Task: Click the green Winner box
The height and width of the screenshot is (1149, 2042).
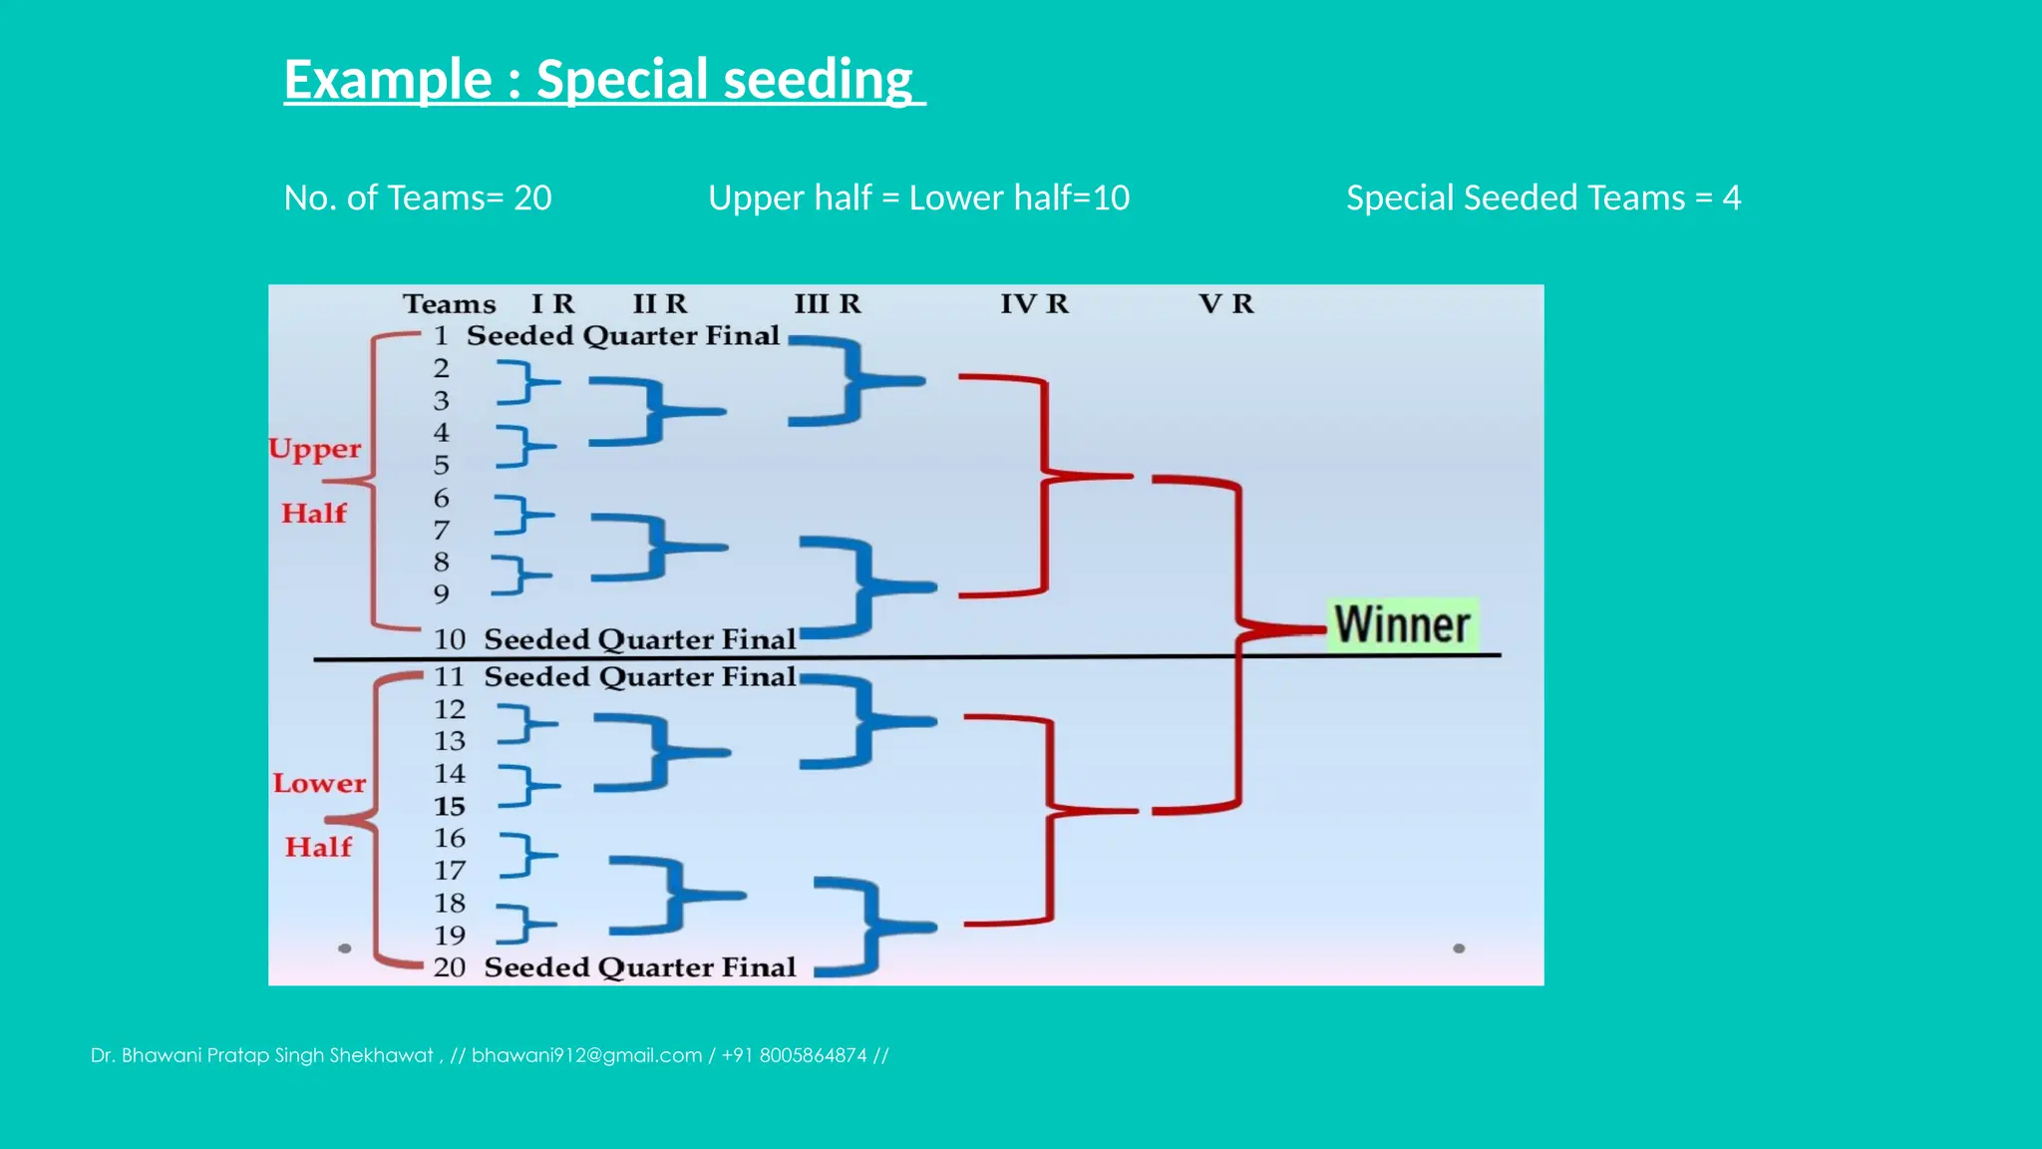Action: point(1402,625)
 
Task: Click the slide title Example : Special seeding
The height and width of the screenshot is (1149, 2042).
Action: point(598,80)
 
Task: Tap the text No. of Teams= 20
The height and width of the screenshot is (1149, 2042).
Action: point(418,197)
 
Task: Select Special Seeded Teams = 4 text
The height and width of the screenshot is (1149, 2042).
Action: point(1542,197)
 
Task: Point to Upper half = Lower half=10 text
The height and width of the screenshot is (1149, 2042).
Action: point(918,197)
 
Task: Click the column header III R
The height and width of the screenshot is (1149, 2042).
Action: point(827,303)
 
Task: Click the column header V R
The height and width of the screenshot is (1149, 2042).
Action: point(1225,303)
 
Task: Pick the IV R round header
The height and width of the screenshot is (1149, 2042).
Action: point(1034,303)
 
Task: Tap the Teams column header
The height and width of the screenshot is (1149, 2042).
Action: point(449,303)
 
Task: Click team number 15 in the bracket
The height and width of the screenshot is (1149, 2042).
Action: point(450,806)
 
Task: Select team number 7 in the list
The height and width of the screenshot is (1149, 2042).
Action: point(441,530)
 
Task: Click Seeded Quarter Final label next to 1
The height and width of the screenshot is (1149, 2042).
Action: point(622,336)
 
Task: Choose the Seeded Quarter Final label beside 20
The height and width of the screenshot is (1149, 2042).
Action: point(639,967)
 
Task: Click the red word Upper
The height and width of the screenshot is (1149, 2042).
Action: point(315,449)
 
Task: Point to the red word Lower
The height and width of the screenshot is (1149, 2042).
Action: point(319,783)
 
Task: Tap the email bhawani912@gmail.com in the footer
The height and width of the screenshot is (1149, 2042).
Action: point(586,1055)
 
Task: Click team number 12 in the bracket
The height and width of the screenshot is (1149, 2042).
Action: point(450,709)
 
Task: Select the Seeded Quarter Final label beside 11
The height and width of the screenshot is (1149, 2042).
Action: point(639,677)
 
